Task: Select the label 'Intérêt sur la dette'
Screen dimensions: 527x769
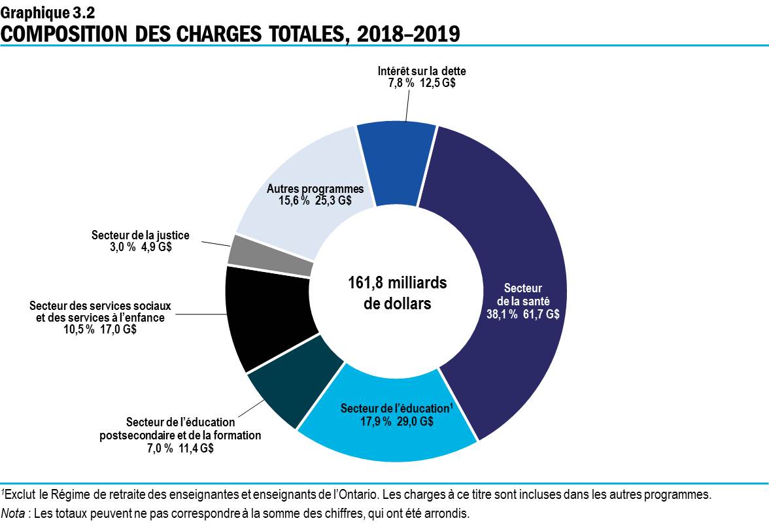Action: coord(422,71)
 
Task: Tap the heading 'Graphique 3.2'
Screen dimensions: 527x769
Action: coord(41,12)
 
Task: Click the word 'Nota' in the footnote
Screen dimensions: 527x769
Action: coord(14,513)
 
